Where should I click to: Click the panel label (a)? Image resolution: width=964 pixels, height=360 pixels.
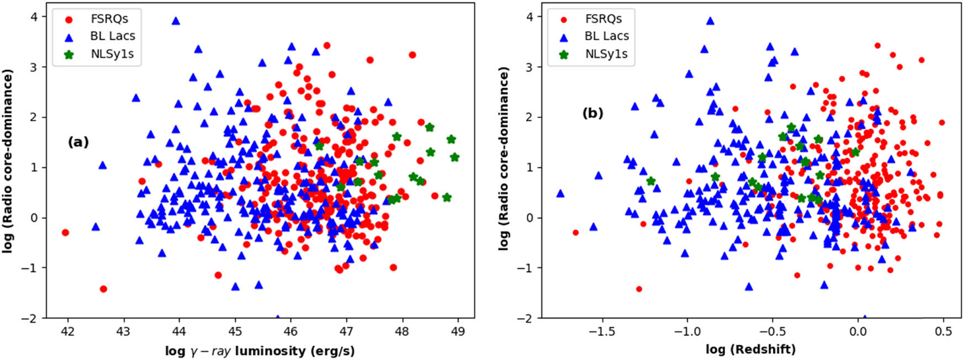coord(78,142)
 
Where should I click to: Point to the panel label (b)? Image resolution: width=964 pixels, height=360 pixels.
coord(592,113)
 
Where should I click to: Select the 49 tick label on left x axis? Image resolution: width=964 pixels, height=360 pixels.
coord(458,331)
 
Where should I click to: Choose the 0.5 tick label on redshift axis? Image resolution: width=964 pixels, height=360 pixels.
coord(943,331)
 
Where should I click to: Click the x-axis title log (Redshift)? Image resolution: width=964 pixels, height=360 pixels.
coord(750,350)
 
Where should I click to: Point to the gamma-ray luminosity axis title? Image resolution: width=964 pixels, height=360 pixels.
coord(259,351)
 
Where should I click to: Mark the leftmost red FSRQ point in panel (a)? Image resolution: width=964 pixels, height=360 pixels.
coord(65,232)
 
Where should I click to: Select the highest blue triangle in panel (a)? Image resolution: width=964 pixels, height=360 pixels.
coord(176,21)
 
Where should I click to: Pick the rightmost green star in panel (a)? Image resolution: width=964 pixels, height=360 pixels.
coord(454,157)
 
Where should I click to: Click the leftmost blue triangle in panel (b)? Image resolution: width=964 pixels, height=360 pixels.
coord(560,193)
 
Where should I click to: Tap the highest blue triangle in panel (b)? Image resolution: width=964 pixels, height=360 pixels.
coord(711,21)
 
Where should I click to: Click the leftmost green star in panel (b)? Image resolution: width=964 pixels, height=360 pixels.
coord(651,181)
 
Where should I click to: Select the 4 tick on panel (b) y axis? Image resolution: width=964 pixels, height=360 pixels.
coord(529,17)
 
